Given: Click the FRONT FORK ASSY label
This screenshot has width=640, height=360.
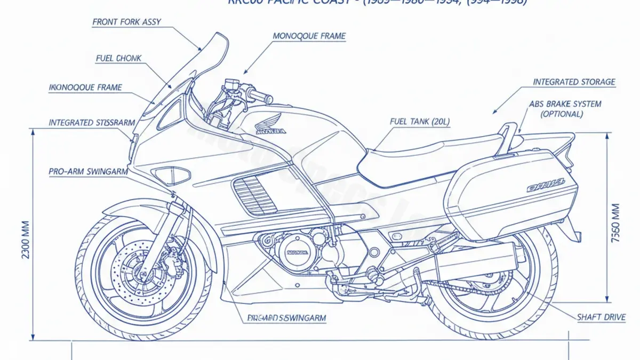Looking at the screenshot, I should (126, 22).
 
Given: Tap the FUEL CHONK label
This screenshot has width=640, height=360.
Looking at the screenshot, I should (119, 58).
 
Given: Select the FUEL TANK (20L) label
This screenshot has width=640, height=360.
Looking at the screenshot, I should (420, 122).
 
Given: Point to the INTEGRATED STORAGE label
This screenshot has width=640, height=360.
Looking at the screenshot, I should (574, 82).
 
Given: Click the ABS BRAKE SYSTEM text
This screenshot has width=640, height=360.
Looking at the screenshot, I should (565, 104).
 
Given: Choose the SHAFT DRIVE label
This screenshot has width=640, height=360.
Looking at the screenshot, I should (601, 317).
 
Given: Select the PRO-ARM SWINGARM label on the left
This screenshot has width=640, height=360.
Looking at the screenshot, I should (88, 172).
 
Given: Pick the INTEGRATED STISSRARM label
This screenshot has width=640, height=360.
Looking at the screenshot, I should (92, 123).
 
